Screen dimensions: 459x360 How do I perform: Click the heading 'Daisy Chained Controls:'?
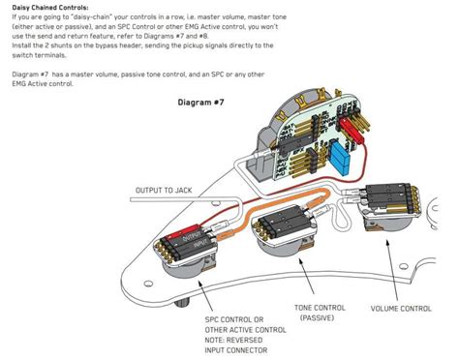(50, 7)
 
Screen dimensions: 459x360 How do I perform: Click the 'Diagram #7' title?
(200, 103)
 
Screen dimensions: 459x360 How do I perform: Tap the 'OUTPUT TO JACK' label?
(164, 191)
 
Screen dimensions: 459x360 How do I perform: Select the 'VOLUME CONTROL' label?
(401, 309)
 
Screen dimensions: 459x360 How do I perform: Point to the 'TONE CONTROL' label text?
(320, 308)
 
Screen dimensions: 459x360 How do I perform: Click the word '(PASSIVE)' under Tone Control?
(317, 318)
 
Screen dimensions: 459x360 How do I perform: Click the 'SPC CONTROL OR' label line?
(234, 319)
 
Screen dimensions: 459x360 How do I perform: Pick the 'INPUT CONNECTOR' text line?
(236, 350)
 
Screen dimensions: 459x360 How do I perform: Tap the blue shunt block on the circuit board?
(340, 157)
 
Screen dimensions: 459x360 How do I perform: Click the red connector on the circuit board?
(352, 131)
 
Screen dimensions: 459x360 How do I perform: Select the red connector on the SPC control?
(180, 233)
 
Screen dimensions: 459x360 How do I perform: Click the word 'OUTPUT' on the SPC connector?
(192, 237)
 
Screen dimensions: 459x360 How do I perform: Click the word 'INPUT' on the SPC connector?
(200, 244)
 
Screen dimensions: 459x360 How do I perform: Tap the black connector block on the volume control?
(387, 196)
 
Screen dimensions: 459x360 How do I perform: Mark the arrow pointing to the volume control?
(391, 270)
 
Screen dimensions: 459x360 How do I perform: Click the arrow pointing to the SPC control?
(205, 296)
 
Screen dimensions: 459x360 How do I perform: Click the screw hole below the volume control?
(403, 266)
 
